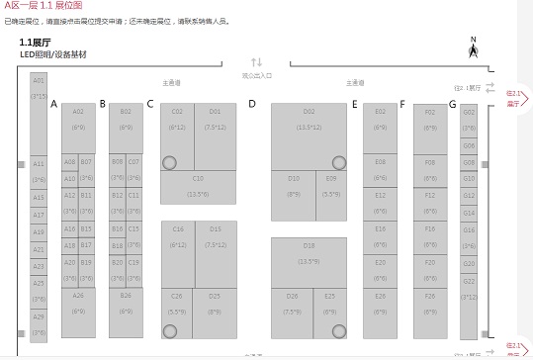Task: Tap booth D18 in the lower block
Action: (x=309, y=252)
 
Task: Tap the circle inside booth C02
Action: (x=170, y=162)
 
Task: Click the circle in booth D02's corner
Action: (x=339, y=162)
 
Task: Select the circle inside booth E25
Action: (x=339, y=330)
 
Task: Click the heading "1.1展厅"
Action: (x=36, y=44)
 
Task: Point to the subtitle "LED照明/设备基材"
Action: (x=52, y=54)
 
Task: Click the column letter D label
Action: (x=252, y=104)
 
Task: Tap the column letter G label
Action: (x=452, y=104)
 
